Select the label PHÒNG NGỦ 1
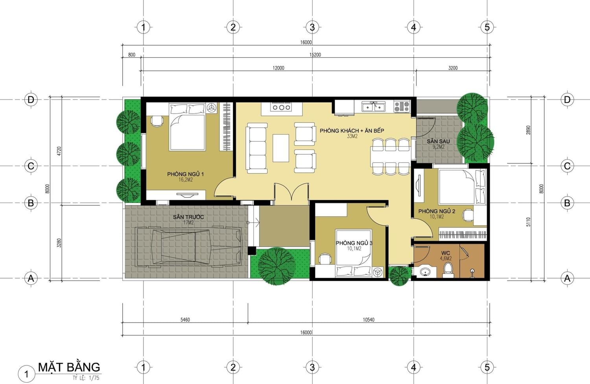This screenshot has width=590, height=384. click(x=185, y=174)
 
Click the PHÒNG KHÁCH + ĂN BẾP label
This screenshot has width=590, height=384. click(x=352, y=131)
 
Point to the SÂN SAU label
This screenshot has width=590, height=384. click(x=438, y=141)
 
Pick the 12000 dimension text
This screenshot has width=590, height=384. click(x=278, y=68)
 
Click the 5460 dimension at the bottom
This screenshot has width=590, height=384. click(x=185, y=320)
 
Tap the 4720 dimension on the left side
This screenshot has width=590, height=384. click(x=59, y=151)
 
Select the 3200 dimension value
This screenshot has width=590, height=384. click(x=453, y=68)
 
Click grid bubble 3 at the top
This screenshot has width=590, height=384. click(x=312, y=27)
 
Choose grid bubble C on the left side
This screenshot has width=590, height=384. click(x=31, y=166)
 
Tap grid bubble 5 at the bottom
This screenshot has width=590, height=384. click(x=487, y=367)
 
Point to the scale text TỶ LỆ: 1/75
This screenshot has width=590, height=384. click(x=86, y=378)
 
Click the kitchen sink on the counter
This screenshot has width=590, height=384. click(x=373, y=107)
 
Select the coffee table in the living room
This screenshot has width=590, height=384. click(x=281, y=148)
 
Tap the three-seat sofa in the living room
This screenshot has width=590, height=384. click(x=256, y=148)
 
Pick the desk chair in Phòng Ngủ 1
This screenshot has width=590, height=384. click(x=157, y=121)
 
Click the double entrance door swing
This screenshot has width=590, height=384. click(x=291, y=194)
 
